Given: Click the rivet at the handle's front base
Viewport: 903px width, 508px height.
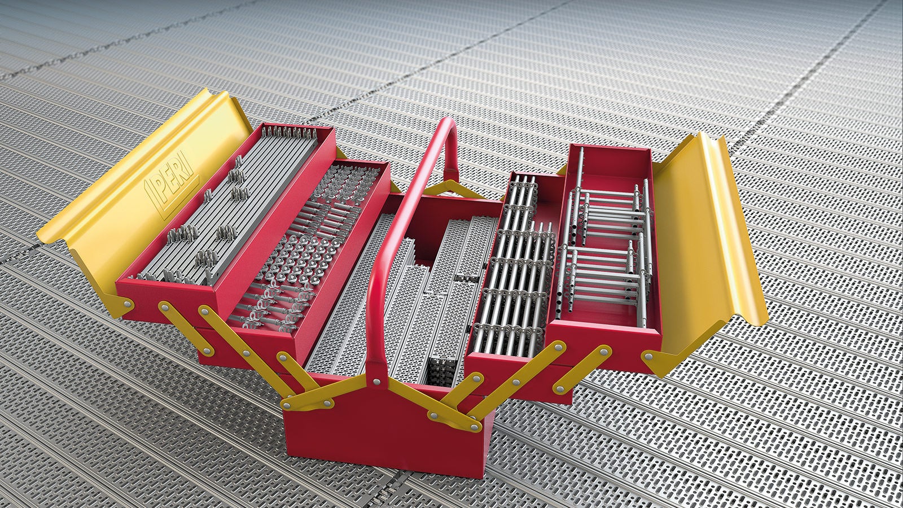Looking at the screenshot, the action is (376, 382).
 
